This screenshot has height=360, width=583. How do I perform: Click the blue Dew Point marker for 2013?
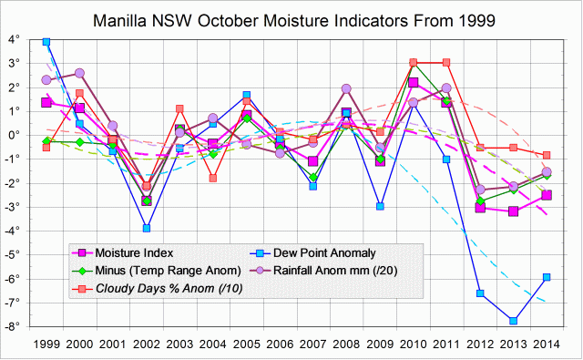(514, 321)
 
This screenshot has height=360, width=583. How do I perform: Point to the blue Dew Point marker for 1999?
(46, 42)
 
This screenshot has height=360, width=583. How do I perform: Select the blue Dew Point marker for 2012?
(480, 293)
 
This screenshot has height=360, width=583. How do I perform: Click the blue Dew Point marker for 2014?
(547, 277)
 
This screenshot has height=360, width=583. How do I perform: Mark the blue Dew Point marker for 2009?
(380, 206)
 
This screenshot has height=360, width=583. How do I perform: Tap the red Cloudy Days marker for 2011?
(446, 63)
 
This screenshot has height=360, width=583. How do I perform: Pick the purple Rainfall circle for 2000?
(79, 73)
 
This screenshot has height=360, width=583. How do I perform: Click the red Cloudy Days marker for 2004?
(213, 178)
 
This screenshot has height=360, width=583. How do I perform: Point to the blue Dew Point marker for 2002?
(146, 228)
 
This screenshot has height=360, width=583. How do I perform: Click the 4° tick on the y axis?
(15, 39)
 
